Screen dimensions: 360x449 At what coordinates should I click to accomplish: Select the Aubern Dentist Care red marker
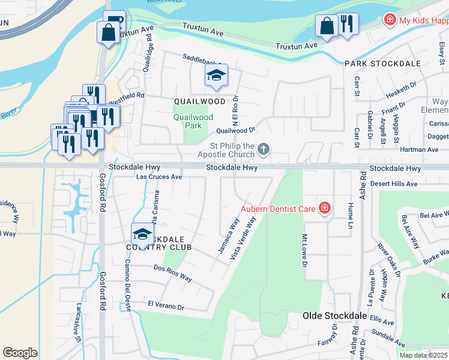[x=325, y=209]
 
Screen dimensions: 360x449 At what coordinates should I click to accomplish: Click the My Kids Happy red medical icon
[x=390, y=20]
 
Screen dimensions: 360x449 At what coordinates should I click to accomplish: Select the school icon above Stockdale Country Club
[x=143, y=233]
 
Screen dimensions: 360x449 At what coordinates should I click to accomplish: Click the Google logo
[x=20, y=353]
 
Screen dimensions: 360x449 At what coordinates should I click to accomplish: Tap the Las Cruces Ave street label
[x=159, y=177]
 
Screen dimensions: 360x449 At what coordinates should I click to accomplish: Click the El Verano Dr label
[x=166, y=305]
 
